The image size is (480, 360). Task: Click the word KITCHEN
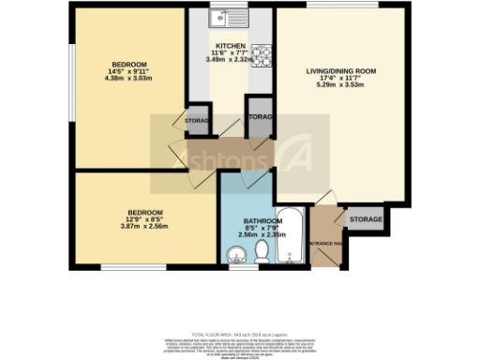[231, 46]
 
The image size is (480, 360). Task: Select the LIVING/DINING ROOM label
[341, 71]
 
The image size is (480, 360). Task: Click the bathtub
[291, 240]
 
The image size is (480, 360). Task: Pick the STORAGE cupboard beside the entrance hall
[366, 219]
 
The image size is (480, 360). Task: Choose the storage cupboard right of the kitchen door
[259, 116]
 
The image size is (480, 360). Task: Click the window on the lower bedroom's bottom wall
[127, 269]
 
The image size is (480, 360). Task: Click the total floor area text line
[239, 334]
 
